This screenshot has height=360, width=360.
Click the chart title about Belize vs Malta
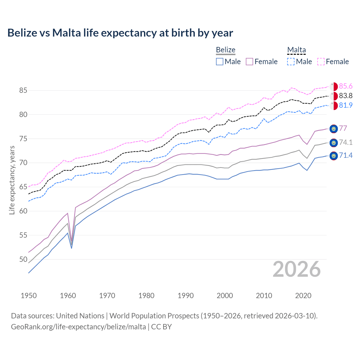[x=120, y=33]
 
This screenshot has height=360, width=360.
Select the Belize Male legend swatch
[x=220, y=62]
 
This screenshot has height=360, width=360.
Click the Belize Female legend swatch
[x=250, y=62]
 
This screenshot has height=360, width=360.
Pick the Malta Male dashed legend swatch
[x=291, y=62]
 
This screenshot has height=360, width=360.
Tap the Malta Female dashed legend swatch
[x=321, y=62]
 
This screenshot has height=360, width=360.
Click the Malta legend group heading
[x=296, y=50]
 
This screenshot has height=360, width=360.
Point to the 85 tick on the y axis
[x=23, y=91]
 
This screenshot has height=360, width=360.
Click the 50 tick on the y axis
[x=23, y=259]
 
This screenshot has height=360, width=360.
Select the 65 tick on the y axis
[x=23, y=187]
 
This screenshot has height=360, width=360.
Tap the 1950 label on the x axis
[x=29, y=296]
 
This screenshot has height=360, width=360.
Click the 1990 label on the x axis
[x=186, y=296]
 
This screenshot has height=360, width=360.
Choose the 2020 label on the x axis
[x=303, y=296]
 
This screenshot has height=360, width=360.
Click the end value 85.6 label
[x=346, y=86]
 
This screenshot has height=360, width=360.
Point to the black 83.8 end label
[x=346, y=96]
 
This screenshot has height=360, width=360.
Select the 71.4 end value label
[x=346, y=156]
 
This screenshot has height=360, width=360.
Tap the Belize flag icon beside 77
[x=334, y=129]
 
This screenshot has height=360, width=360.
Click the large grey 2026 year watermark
[x=296, y=269]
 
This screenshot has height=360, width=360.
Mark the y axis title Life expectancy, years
[x=12, y=180]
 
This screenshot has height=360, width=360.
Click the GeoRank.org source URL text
[x=78, y=327]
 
